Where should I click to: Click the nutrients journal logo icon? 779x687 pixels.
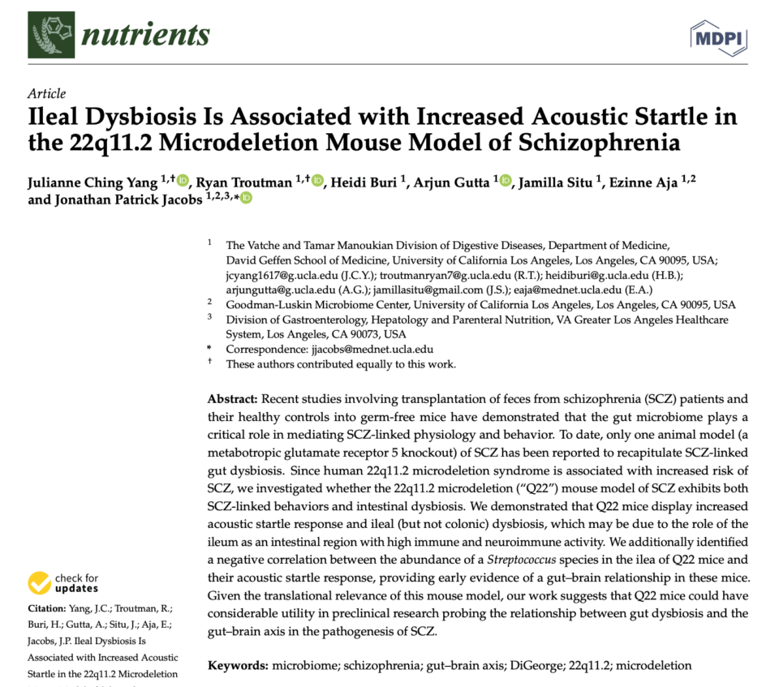click(51, 34)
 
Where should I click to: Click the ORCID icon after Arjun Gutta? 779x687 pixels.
click(506, 181)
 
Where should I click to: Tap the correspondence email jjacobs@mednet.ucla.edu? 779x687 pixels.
click(371, 350)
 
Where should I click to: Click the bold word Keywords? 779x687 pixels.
click(238, 665)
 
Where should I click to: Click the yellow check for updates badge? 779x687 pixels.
click(40, 582)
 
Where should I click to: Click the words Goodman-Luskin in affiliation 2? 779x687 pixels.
click(266, 305)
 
